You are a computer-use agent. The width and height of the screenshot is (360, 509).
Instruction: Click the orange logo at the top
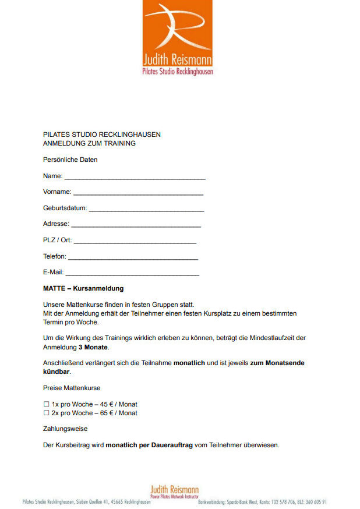point(177,37)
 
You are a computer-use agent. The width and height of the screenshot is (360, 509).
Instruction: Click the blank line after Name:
point(135,177)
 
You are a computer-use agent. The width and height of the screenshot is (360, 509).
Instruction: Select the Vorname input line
point(138,193)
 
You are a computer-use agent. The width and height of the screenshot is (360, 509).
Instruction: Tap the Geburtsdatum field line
point(146,209)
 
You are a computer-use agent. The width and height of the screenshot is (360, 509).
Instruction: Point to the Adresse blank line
point(136,225)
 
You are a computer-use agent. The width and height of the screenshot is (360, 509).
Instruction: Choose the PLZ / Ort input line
point(135,241)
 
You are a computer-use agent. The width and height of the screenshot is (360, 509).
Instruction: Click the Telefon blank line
point(133,257)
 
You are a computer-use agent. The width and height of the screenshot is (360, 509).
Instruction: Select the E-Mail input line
point(132,274)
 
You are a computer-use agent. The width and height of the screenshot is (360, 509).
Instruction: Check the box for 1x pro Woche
point(46,404)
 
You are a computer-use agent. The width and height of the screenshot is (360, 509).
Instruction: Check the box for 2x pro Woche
point(46,413)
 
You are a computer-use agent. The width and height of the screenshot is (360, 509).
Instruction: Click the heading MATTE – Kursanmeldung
point(83,288)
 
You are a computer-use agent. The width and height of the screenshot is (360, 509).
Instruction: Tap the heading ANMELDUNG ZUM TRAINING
point(89,143)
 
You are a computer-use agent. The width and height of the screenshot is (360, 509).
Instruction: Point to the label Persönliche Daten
point(70,160)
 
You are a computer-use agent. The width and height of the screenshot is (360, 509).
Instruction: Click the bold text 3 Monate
point(93,347)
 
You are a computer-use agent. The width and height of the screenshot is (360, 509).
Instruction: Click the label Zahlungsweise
point(65,429)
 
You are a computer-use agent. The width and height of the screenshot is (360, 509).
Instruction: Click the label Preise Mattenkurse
point(72,388)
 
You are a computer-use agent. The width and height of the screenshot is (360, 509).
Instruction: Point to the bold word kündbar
point(57,372)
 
